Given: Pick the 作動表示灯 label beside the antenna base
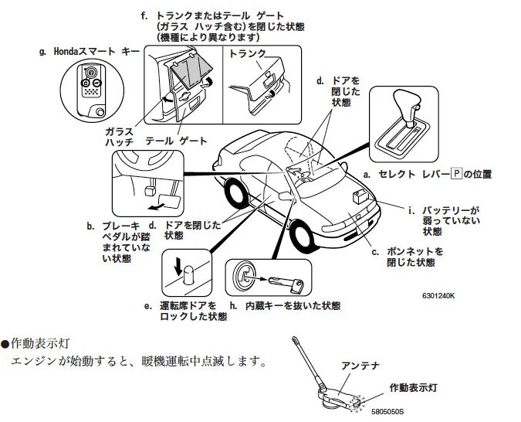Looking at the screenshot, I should pos(414,386).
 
